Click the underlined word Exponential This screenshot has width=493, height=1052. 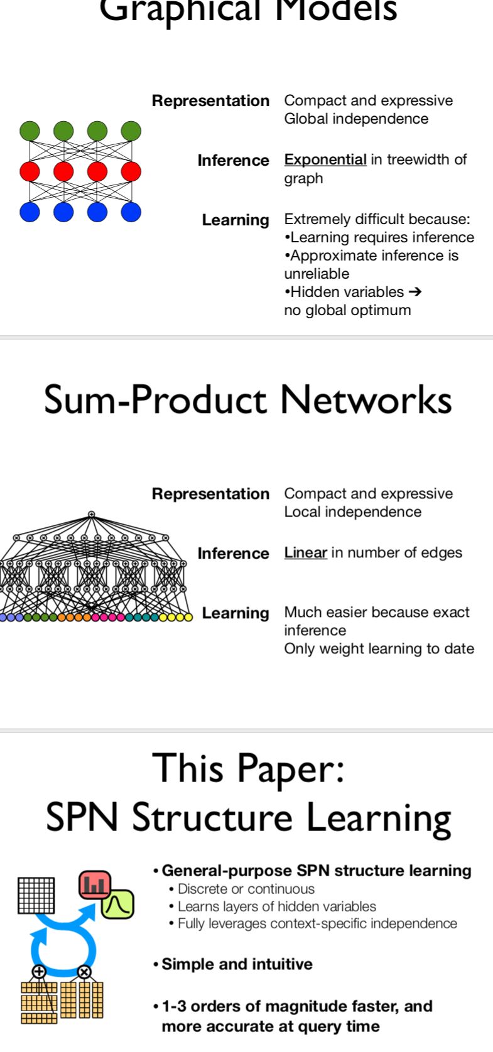tap(325, 159)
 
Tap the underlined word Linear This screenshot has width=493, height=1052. tap(305, 552)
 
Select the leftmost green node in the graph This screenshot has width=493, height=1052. tap(30, 131)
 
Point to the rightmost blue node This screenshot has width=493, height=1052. tap(131, 212)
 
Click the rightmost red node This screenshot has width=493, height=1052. tap(131, 171)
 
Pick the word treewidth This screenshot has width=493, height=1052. tap(420, 159)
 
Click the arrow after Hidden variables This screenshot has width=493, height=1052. tap(414, 292)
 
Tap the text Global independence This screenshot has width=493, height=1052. tap(356, 119)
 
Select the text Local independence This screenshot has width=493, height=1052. tap(352, 512)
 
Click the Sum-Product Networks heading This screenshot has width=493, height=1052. tap(247, 399)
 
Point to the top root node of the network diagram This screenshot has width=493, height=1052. tap(91, 514)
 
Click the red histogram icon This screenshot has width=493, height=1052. tap(95, 885)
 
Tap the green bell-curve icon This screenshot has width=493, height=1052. tap(117, 904)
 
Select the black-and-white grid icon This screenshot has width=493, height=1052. tap(36, 895)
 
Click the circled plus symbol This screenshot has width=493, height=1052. tap(39, 972)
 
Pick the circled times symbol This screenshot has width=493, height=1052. tap(84, 972)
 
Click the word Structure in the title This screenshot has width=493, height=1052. tap(212, 818)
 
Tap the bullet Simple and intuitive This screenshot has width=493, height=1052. tap(237, 964)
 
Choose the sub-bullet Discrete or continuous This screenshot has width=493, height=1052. tap(246, 889)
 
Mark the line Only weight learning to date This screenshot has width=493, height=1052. tap(379, 648)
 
